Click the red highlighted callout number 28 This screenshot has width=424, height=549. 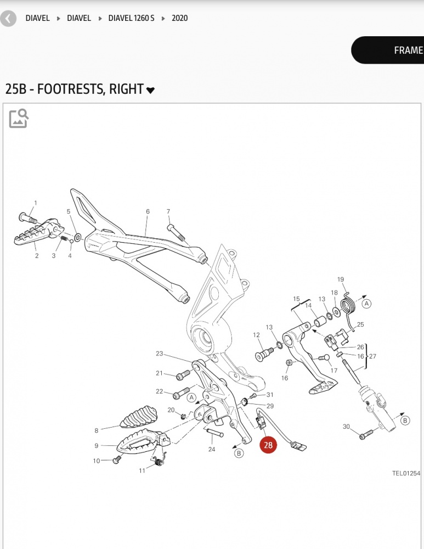coord(268,445)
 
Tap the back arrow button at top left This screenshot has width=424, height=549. coord(8,19)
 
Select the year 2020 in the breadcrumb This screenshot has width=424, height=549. coord(179,18)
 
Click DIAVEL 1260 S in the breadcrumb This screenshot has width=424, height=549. coord(131,18)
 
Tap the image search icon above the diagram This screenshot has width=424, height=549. coord(19,118)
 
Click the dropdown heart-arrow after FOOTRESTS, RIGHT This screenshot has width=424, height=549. coord(150,90)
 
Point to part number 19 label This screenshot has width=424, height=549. coord(341,279)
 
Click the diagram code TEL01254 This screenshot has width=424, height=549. coord(406,473)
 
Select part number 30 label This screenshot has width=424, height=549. coord(346,427)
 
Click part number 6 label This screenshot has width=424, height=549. coord(148,211)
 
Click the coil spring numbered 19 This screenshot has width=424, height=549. coord(347,305)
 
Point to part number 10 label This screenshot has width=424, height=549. coord(97,461)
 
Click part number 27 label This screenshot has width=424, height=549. coord(373,356)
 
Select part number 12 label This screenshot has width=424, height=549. coord(256,335)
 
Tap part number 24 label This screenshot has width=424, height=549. coord(212,449)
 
